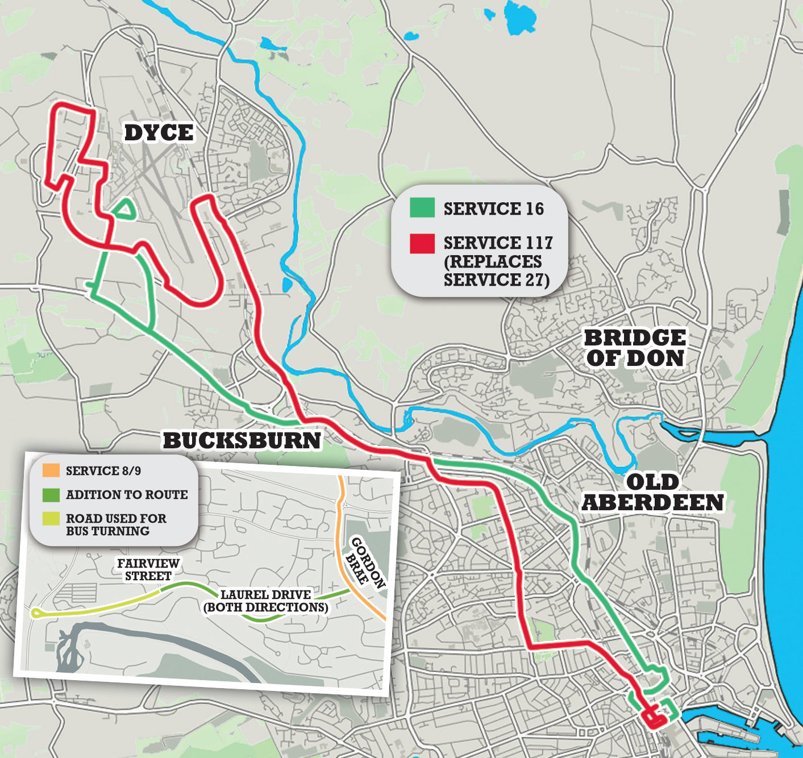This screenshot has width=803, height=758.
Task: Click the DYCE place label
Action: tap(159, 133)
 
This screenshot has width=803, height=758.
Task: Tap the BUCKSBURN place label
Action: tap(242, 440)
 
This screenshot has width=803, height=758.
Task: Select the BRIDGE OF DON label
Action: tap(635, 348)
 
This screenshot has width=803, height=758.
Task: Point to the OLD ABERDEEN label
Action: tap(652, 492)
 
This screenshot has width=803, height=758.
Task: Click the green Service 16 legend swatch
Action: tap(422, 208)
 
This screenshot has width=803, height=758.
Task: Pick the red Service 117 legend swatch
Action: tap(422, 243)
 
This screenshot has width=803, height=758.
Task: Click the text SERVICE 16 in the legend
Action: tap(493, 209)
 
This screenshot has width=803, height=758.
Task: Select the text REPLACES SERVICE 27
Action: tap(493, 271)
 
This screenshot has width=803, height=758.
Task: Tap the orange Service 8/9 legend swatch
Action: tap(51, 470)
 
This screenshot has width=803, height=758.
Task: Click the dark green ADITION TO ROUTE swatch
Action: tap(51, 494)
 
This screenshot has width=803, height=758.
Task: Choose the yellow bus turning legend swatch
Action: tap(51, 519)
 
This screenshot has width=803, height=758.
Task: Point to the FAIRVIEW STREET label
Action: tap(148, 569)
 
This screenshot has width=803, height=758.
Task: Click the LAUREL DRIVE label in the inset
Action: tap(266, 601)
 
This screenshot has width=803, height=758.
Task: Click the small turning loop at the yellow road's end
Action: tap(36, 613)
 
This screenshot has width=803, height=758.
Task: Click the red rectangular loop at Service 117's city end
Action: tap(654, 717)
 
